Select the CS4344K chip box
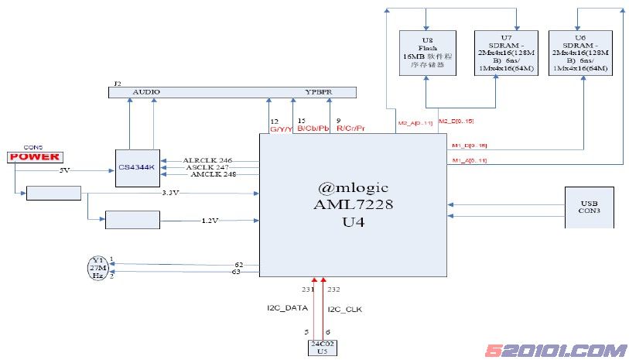pos(138,168)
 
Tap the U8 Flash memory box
pos(427,53)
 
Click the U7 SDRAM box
pos(505,53)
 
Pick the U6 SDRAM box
pos(579,53)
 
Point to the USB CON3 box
pos(590,207)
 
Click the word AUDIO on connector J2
pos(146,92)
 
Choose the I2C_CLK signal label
pos(346,309)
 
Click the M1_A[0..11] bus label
pos(468,160)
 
